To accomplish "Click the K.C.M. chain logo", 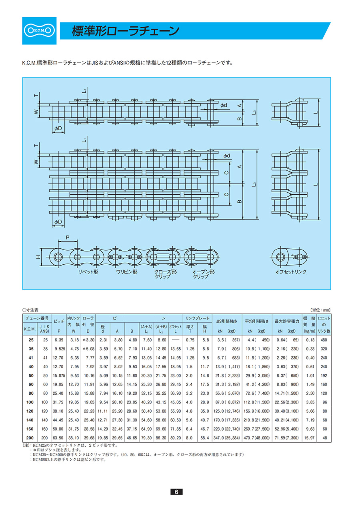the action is [39, 31].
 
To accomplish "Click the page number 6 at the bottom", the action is [176, 492].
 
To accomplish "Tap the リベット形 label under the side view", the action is [88, 272].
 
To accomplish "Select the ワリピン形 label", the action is [127, 272].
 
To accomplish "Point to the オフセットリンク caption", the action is [291, 272].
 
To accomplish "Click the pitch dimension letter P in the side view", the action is [68, 238].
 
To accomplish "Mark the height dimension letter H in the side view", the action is [38, 257].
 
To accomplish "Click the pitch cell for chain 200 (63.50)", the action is [58, 438].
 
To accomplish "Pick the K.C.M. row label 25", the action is [31, 340].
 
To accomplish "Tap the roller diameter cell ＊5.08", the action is [88, 349].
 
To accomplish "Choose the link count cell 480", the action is [324, 340].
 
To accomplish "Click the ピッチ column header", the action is [59, 321].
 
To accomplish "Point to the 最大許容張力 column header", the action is [287, 321].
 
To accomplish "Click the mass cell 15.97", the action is [310, 438].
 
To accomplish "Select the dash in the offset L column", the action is [176, 340].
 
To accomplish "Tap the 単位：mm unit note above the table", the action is [320, 310].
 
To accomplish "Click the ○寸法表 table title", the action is [30, 310].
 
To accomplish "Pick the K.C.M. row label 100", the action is [30, 402].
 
